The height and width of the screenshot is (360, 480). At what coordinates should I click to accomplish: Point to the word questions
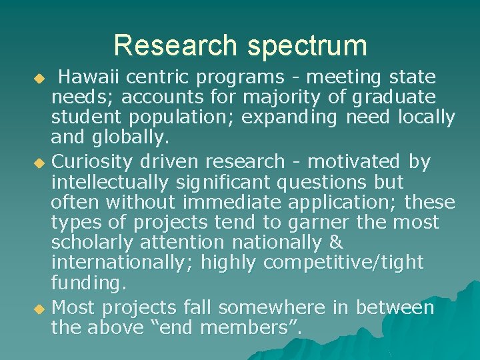322,181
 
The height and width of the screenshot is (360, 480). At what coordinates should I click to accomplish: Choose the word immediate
236,201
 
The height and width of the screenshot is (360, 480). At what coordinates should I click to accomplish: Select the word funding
88,284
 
